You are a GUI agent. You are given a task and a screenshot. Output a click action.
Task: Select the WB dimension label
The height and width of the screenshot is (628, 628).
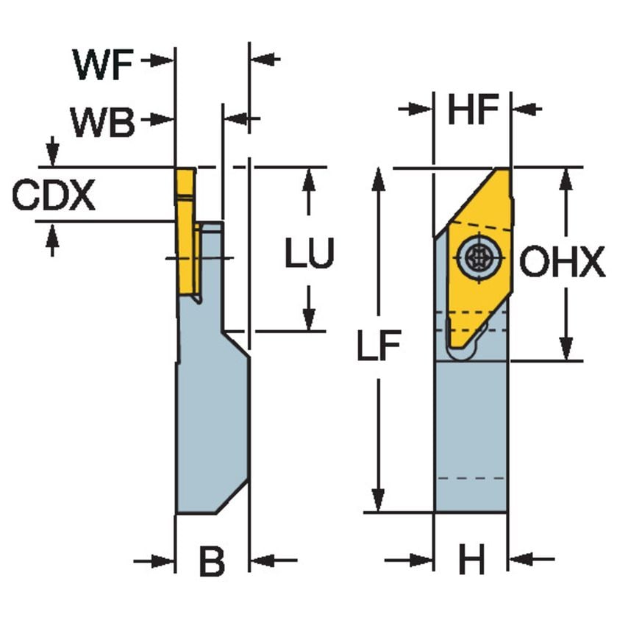coord(103,121)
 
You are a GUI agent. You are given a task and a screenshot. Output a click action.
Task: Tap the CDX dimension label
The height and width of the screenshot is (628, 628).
coord(54,196)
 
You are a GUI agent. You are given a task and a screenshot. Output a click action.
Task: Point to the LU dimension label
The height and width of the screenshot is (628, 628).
coord(310,254)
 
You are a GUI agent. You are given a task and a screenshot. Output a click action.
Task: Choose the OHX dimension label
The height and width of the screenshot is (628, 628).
coord(563,263)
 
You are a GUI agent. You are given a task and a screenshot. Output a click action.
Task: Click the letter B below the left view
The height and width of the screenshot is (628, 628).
coord(212,563)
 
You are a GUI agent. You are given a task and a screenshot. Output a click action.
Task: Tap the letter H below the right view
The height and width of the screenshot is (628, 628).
coord(472,563)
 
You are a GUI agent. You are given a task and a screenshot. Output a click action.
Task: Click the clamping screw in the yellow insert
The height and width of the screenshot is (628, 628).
coord(477,257)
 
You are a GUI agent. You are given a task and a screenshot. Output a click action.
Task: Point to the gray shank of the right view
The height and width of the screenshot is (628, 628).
coord(471,434)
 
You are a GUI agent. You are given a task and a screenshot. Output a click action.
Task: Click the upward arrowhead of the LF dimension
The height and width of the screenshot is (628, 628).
coord(379,177)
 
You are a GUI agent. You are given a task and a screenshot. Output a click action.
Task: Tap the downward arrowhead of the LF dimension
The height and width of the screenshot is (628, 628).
coord(379,502)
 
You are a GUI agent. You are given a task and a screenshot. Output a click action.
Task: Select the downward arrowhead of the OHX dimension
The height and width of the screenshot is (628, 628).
coord(565,349)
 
